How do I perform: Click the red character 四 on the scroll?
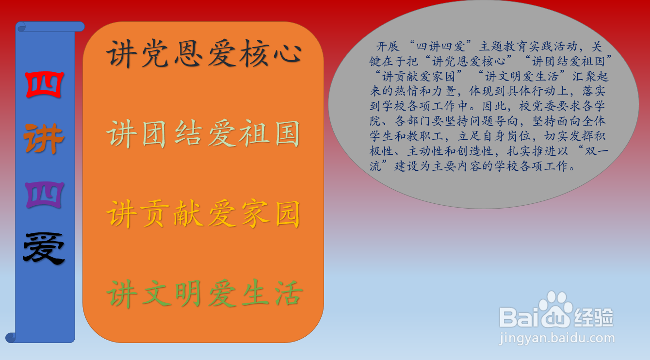click(x=44, y=84)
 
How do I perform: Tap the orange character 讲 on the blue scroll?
click(x=44, y=138)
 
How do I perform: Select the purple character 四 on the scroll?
click(x=44, y=195)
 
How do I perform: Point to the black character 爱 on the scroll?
click(x=44, y=249)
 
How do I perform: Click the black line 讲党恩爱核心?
click(x=204, y=53)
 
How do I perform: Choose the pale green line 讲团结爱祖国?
click(x=203, y=134)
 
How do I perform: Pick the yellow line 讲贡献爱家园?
click(x=203, y=214)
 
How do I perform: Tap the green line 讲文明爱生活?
click(x=205, y=294)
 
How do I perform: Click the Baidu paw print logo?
click(x=556, y=309)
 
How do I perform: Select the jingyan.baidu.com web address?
click(x=557, y=339)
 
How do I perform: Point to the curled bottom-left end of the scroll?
click(x=11, y=337)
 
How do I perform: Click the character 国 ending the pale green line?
click(x=287, y=134)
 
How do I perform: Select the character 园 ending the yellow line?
click(x=287, y=214)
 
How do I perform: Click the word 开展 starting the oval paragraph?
click(x=388, y=46)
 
